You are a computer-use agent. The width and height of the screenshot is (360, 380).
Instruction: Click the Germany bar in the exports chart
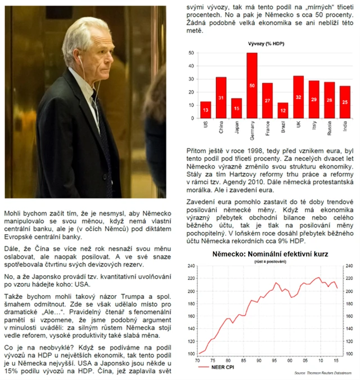tap(252, 85)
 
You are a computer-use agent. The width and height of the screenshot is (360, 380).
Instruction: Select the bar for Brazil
tap(282, 110)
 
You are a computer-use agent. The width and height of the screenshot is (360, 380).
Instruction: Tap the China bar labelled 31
tap(221, 97)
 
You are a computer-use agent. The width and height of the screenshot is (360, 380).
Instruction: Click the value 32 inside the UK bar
tap(298, 97)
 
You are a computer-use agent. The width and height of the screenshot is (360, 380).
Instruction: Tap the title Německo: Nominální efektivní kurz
tap(270, 254)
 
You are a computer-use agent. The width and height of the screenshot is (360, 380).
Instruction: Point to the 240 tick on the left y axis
tap(190, 266)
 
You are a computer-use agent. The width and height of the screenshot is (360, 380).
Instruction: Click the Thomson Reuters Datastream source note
tap(323, 373)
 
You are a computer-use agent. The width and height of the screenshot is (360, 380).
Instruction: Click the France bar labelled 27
tap(267, 100)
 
